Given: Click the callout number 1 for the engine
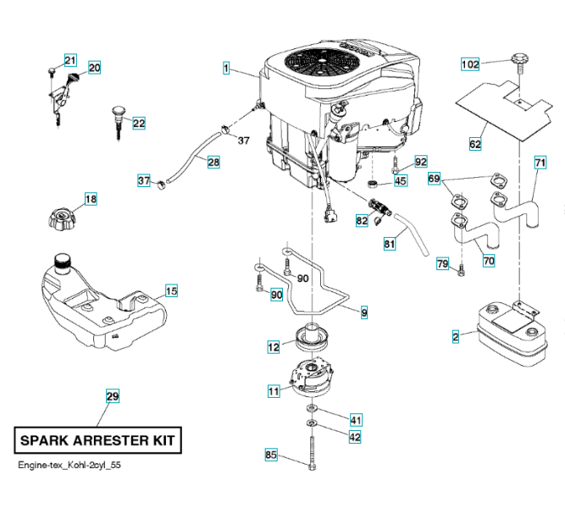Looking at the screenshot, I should (227, 67).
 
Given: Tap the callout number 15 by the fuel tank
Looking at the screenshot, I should (171, 291).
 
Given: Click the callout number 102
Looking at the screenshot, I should (470, 64).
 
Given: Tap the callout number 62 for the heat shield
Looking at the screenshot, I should (475, 145).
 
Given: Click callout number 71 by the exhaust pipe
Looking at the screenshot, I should (540, 163).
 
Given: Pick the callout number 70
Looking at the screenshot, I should (489, 262).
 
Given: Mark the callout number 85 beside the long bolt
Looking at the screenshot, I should (271, 456).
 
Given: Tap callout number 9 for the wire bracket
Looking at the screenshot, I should (364, 313).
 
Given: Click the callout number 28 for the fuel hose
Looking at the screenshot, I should (213, 162).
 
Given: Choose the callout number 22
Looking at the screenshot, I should (139, 124).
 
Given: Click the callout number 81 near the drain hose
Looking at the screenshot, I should (390, 244).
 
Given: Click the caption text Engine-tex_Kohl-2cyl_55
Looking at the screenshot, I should (75, 467).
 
